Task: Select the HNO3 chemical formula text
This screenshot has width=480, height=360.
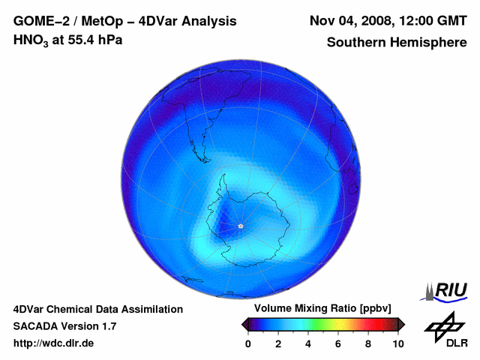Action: [x=32, y=40]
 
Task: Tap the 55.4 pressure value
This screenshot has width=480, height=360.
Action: [x=79, y=40]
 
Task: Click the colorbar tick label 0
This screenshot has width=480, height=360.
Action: [x=248, y=343]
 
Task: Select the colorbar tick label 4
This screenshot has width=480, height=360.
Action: [x=308, y=343]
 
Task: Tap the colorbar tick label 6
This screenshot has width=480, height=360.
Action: [x=338, y=343]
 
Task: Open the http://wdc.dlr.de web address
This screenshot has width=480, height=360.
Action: [x=54, y=343]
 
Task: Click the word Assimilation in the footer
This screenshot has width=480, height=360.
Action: [x=153, y=309]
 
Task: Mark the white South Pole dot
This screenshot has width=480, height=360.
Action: [x=240, y=226]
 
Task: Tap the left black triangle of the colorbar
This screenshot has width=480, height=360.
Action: [x=244, y=324]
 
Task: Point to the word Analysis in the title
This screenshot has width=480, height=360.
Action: [x=205, y=21]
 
